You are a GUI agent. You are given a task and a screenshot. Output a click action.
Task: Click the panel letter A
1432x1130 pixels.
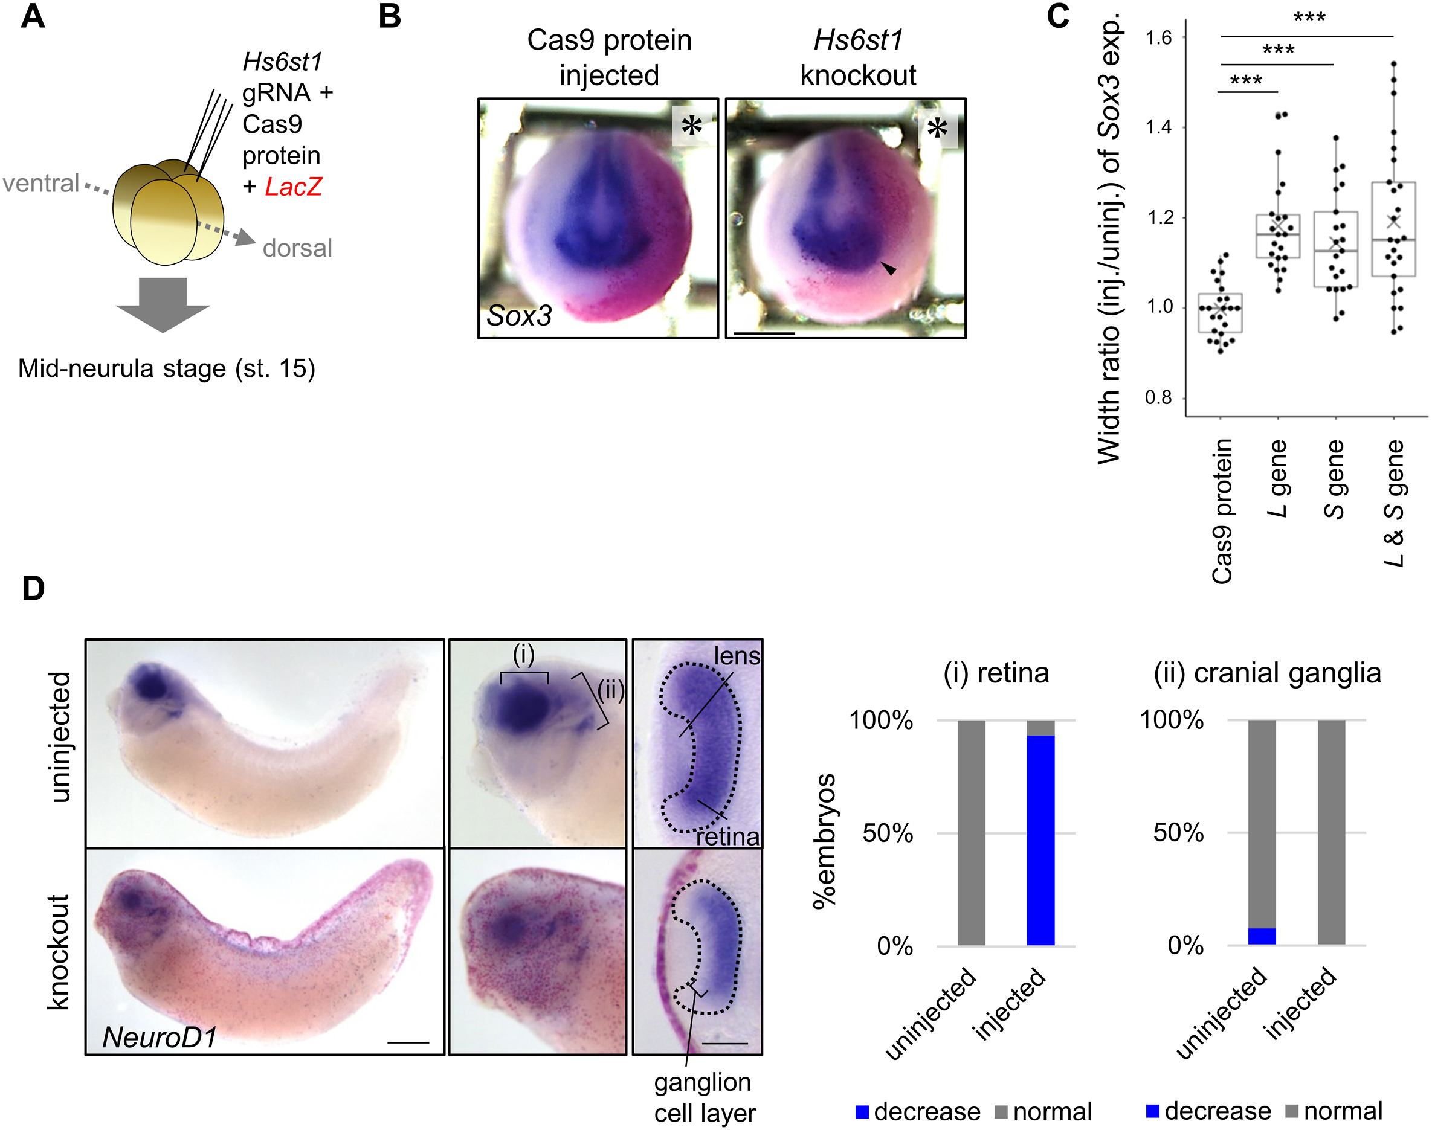click(33, 16)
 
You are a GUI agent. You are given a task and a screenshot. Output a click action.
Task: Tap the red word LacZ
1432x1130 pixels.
click(293, 187)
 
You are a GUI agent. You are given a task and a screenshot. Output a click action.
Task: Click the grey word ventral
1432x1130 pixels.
click(41, 183)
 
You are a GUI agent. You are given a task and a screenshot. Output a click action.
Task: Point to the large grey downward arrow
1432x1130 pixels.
click(163, 304)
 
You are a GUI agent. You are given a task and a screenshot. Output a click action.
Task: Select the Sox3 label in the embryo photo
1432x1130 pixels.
click(519, 316)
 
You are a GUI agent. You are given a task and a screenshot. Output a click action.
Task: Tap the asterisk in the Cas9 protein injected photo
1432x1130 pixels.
click(691, 125)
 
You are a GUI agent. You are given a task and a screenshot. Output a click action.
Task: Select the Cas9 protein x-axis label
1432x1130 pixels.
click(1222, 511)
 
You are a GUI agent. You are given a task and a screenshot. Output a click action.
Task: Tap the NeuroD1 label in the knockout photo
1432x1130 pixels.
click(160, 1037)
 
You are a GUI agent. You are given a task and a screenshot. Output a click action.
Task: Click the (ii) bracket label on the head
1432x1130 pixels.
click(610, 692)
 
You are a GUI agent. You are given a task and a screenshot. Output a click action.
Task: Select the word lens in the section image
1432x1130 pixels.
click(737, 656)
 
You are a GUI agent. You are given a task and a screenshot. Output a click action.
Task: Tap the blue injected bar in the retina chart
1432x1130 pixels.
click(1040, 839)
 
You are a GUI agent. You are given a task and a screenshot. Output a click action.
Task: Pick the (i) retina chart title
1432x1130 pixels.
click(996, 673)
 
